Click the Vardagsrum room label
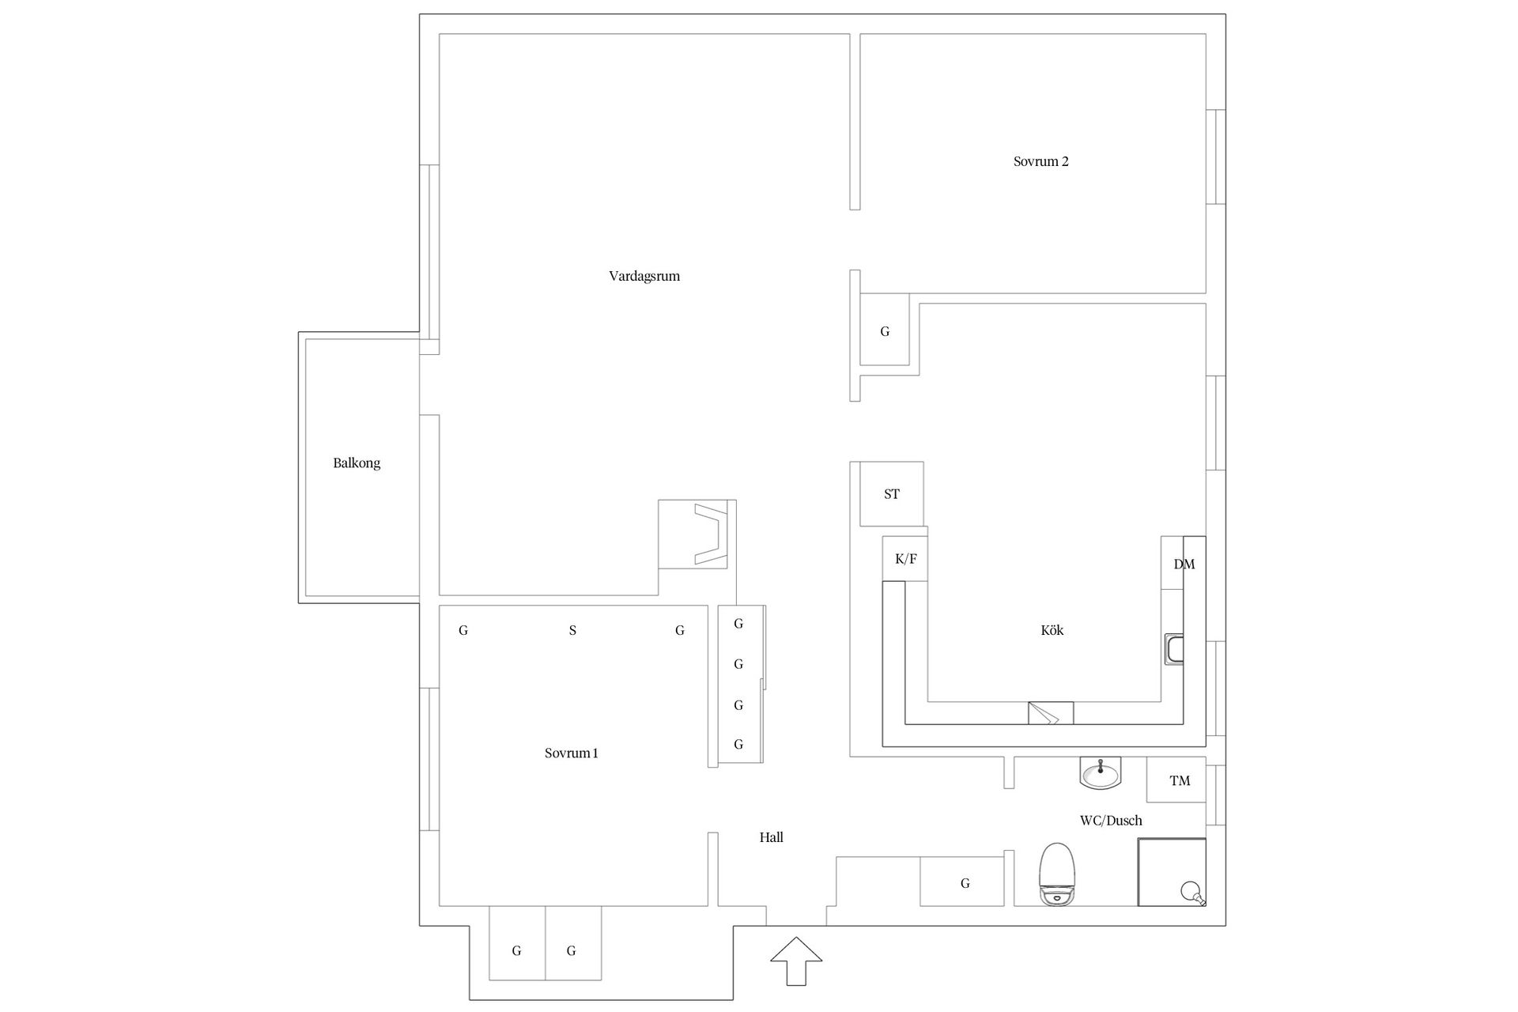point(644,277)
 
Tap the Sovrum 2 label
point(1041,161)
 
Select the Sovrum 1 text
point(571,753)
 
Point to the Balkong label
point(357,463)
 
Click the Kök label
point(1052,630)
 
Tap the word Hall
point(772,837)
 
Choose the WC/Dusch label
point(1111,821)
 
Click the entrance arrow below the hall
point(796,961)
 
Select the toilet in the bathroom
point(1058,874)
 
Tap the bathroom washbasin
point(1101,772)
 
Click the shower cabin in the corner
point(1172,872)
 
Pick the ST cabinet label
point(892,494)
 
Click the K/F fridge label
point(906,559)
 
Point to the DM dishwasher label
point(1184,565)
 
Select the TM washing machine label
point(1180,781)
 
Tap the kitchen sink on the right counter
point(1174,649)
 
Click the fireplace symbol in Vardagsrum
point(697,534)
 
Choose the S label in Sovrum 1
point(572,631)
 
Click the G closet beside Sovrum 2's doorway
point(885,331)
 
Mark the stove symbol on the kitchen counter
point(1051,713)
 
